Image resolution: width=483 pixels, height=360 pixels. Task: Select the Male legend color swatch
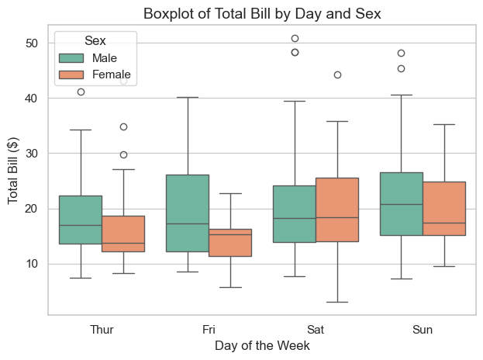pos(71,58)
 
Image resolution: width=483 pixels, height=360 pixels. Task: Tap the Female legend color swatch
pos(71,74)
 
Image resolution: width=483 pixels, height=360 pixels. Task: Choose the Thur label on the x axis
pos(102,330)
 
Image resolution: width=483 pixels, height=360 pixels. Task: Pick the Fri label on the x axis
pos(209,330)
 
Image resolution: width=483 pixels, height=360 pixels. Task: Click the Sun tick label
pos(423,330)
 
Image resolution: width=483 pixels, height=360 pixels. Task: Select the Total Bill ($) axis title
pos(14,171)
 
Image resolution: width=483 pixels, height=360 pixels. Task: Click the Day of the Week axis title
pos(262,345)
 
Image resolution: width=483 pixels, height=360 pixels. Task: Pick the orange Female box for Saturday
pos(337,209)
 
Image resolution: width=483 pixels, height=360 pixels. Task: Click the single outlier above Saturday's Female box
pos(337,74)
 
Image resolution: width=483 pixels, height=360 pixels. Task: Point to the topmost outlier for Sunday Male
pos(402,53)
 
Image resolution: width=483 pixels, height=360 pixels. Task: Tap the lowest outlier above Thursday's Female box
pos(123,154)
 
